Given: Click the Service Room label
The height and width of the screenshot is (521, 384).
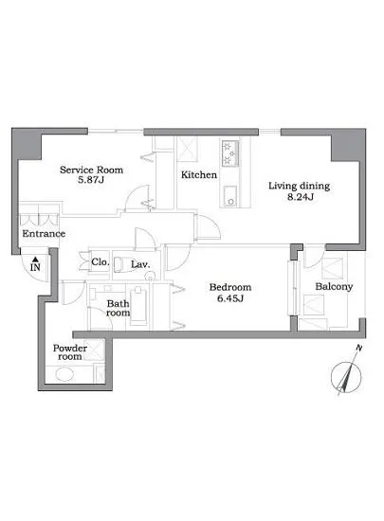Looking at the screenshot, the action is point(91,170).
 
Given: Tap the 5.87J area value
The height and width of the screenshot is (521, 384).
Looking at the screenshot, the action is point(91,180).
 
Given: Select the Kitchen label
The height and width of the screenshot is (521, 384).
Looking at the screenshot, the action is point(199,175).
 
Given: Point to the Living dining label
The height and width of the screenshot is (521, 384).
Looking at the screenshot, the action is point(300,186).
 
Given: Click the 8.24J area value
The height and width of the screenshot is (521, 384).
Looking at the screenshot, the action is point(301,197).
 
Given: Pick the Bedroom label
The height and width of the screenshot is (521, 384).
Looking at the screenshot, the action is point(230,287).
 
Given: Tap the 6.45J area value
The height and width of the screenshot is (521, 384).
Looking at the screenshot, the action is point(230,298).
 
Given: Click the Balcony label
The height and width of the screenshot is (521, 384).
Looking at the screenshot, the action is point(334,287).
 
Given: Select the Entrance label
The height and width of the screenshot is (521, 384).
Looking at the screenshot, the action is point(44,234).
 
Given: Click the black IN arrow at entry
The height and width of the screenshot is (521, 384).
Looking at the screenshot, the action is point(36,260).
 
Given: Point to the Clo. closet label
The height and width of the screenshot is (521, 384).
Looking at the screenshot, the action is point(101,262).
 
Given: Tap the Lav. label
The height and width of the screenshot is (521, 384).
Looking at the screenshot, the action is point(140,265).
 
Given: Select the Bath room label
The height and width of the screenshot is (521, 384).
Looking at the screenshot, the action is point(118,308).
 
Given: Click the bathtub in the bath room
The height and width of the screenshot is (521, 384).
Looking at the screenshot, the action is point(138,307).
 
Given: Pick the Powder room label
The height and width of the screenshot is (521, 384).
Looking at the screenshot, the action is point(70,352).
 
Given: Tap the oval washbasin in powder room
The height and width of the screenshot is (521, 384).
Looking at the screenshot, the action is point(64,374).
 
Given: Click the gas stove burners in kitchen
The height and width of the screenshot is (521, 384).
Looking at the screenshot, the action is point(230,153).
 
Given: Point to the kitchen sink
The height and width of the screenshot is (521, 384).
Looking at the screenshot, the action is point(229,197).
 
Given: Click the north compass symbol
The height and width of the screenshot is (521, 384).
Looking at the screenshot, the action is point(346,375).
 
